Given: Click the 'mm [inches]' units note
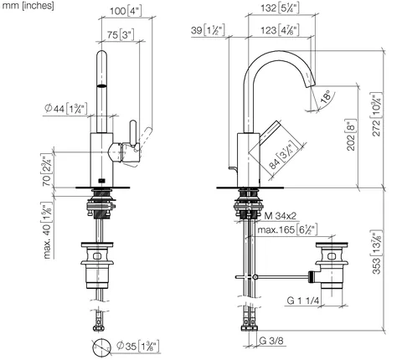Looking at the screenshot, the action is point(28,6).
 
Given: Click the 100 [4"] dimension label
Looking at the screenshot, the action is point(126,12).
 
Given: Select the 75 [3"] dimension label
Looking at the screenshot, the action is point(121,35).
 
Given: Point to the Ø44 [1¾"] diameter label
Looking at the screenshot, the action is point(66,108).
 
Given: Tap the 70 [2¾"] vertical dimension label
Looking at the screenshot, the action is point(46,170).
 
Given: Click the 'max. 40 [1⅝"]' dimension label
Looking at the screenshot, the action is point(47,231).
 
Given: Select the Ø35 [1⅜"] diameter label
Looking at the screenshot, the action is point(138,346).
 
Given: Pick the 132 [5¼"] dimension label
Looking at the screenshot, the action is point(280,8).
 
